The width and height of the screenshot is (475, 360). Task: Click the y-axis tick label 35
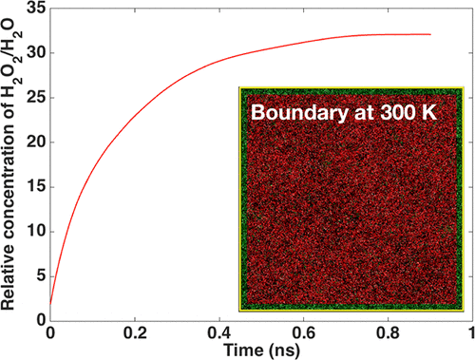click(x=36, y=9)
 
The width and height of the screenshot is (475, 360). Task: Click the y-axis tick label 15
click(x=36, y=187)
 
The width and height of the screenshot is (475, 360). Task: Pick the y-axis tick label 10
click(x=36, y=232)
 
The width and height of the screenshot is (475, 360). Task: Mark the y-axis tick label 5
click(x=40, y=276)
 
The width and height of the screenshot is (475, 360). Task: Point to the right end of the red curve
click(x=430, y=34)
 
